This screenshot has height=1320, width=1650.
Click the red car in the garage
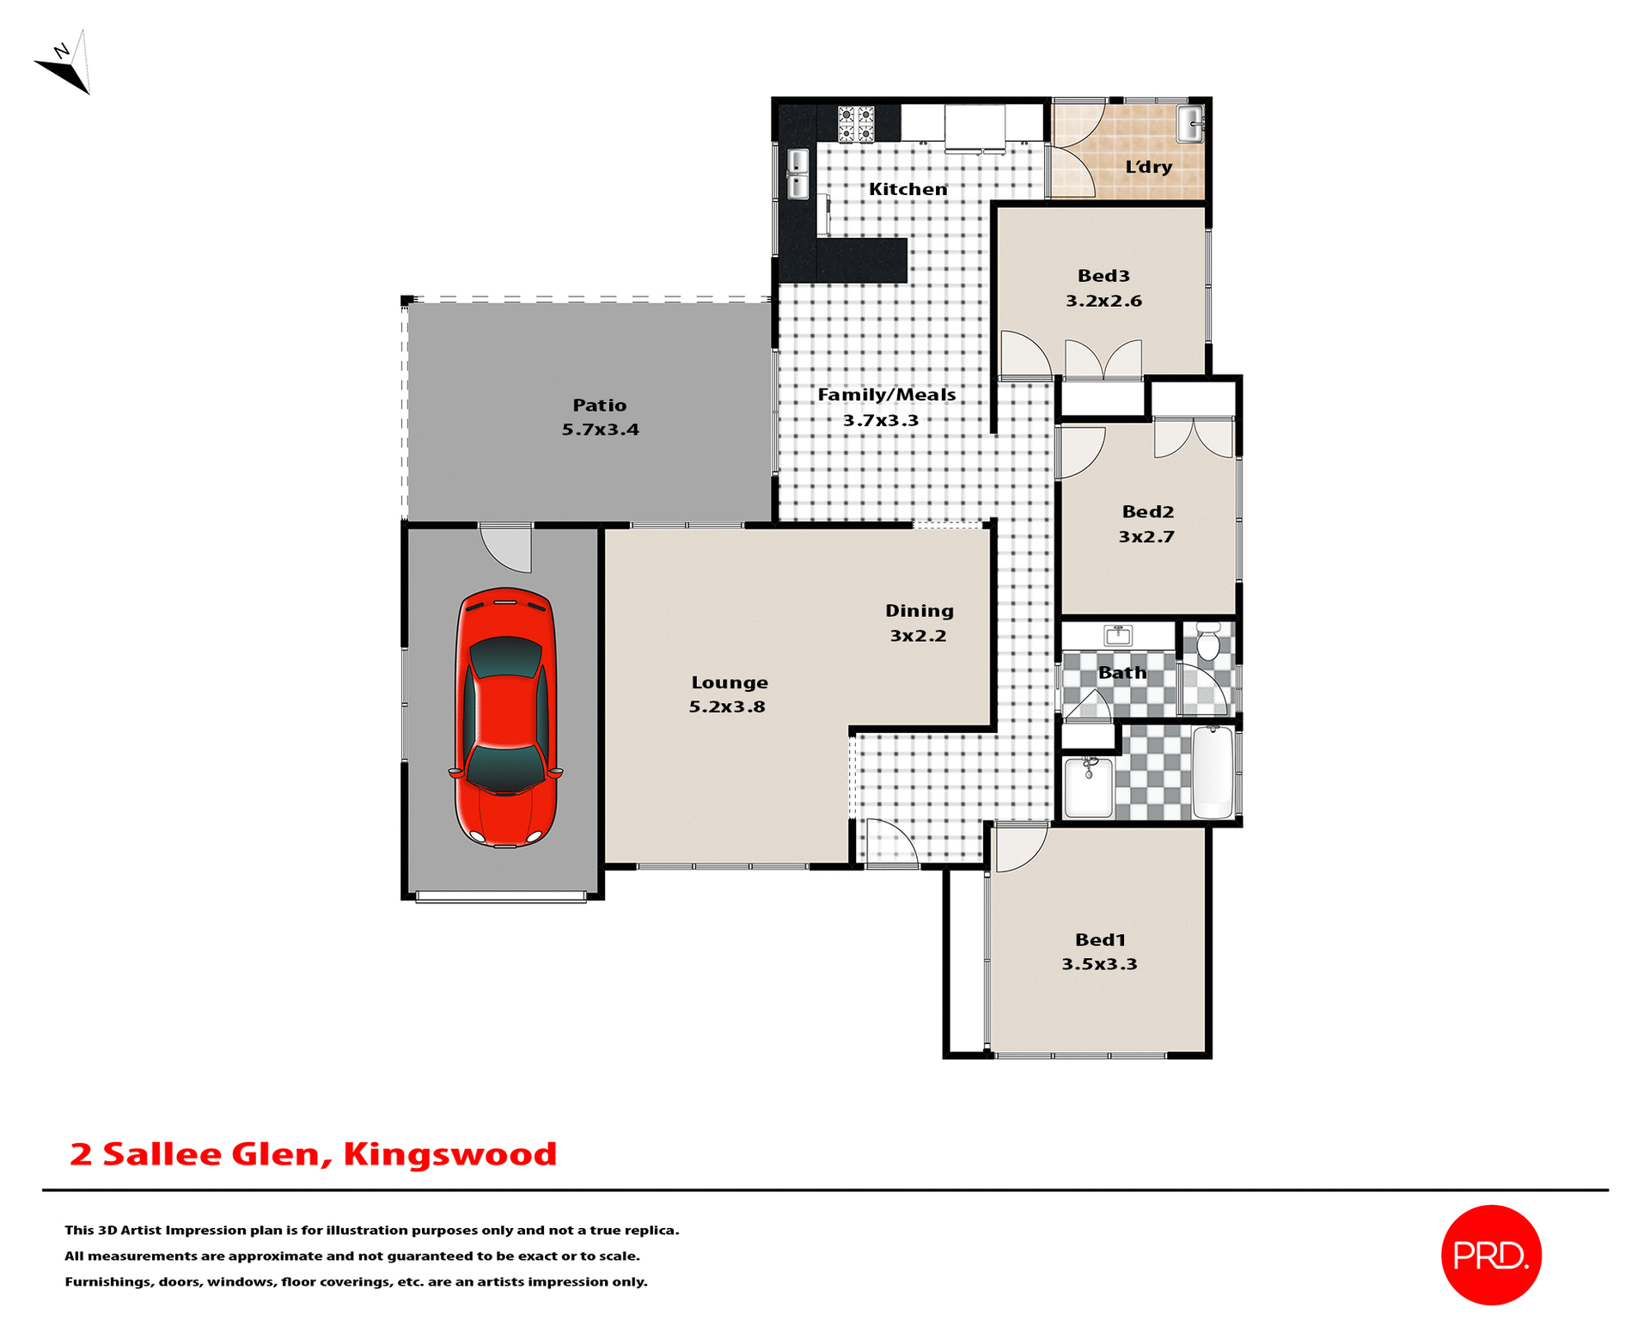pos(505,718)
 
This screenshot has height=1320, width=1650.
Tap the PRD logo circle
pos(1490,1255)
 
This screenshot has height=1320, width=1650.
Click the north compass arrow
pos(65,65)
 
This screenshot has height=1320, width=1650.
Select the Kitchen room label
pos(907,189)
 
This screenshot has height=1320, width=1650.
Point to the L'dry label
pos(1148,167)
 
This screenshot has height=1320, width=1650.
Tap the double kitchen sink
pos(797,174)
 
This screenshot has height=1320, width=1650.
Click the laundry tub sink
pos(1190,124)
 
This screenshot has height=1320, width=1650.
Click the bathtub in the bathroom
pos(1213,772)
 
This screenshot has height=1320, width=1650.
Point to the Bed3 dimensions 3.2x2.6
pos(1103,301)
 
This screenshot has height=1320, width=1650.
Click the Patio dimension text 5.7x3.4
pos(600,430)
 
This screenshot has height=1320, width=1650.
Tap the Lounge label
pos(730,682)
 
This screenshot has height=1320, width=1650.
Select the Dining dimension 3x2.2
pos(918,636)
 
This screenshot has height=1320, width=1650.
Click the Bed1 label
pos(1100,940)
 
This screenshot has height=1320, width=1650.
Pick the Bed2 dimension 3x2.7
pos(1146,537)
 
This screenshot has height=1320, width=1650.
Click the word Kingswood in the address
pos(449,1154)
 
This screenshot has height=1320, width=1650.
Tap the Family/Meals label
pos(886,394)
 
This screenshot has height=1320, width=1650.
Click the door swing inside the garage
pos(508,547)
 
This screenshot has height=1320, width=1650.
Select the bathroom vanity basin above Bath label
pos(1118,636)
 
